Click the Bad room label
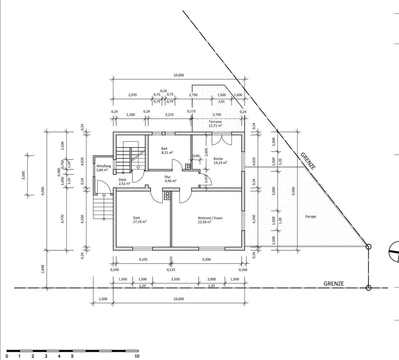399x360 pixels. tap(164, 149)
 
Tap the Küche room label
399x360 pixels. tap(218, 159)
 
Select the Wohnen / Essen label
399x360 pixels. tap(210, 218)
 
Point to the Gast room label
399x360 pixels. tap(136, 218)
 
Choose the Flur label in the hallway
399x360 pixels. tap(167, 177)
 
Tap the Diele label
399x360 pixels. tap(122, 179)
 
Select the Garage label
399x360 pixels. tap(311, 217)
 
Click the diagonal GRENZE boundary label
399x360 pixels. tap(308, 161)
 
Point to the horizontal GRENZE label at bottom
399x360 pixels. tap(334, 284)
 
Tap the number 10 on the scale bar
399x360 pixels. tap(137, 356)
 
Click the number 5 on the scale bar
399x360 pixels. tap(72, 356)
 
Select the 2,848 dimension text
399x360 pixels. tap(43, 269)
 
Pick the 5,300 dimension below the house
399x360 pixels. tap(207, 260)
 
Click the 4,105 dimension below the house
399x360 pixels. tap(143, 260)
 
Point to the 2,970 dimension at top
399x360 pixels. tap(132, 95)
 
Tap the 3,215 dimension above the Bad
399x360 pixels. tap(169, 115)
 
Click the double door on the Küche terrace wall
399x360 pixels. tap(222, 139)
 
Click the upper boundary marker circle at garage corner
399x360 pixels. tap(368, 247)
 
